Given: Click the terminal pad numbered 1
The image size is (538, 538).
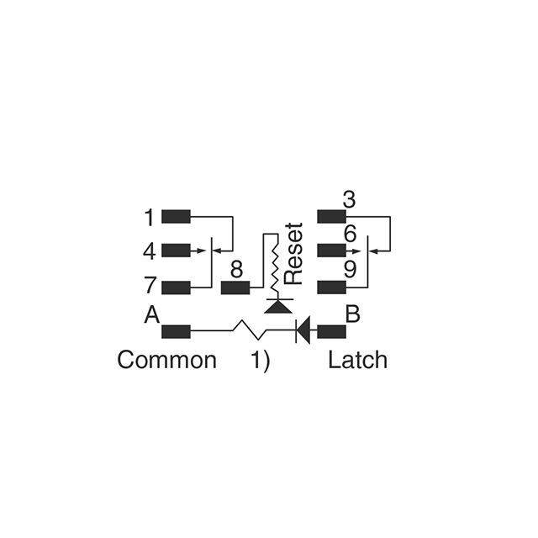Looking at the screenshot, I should click(176, 216).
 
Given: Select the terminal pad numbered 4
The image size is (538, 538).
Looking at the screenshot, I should click(176, 251).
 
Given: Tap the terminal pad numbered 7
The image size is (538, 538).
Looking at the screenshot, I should click(176, 287).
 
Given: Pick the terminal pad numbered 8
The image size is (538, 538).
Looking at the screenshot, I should click(235, 287).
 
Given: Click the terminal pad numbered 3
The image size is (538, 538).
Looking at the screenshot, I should click(331, 216).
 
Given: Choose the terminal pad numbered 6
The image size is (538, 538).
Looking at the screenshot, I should click(331, 251).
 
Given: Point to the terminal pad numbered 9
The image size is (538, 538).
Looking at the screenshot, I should click(331, 287).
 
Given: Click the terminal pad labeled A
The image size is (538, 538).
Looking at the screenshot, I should click(176, 330).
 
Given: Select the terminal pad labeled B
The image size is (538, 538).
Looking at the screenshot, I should click(331, 330).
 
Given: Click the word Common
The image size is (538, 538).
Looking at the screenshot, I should click(166, 361).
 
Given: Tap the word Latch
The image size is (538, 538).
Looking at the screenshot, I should click(357, 361).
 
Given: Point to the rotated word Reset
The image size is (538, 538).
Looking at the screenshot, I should click(293, 253).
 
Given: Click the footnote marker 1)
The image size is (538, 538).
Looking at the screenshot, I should click(261, 361).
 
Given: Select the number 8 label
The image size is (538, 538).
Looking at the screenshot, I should click(236, 270).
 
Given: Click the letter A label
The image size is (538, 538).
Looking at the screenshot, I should click(151, 315).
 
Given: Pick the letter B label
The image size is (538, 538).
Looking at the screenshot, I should click(354, 315).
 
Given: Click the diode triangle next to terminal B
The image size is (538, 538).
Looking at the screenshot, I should click(304, 330).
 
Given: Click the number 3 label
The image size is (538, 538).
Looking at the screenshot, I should click(349, 200).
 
